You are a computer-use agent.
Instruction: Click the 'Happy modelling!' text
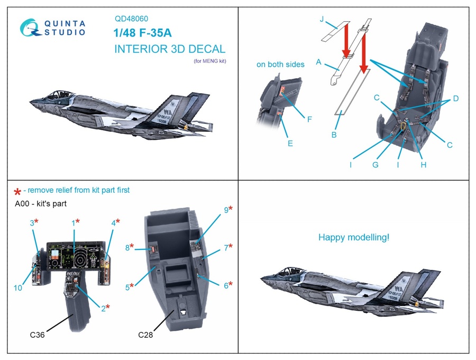point(353,238)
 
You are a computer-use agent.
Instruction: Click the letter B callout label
point(334,134)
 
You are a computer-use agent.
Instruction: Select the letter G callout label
point(374,165)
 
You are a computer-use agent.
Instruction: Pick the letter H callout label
point(424,165)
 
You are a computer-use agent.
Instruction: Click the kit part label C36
point(37,335)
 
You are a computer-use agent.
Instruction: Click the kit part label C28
point(145,335)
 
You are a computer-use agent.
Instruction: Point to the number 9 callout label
point(226,210)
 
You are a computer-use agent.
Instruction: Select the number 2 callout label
point(103,308)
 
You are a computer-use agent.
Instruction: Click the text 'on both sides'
point(280,65)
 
